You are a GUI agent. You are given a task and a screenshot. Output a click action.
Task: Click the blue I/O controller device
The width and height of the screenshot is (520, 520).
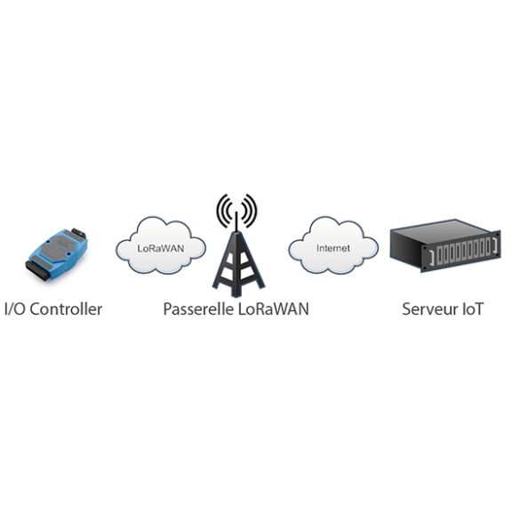56,254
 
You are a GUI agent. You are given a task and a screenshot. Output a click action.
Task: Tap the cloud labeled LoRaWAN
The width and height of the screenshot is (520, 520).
161,245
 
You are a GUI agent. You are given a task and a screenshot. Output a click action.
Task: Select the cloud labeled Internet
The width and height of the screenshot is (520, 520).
333,245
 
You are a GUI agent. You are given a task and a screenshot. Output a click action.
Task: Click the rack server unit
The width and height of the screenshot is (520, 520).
445,245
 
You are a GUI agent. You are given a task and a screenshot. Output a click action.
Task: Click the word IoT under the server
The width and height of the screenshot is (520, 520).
473,309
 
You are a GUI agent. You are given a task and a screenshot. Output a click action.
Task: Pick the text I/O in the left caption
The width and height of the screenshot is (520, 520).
15,309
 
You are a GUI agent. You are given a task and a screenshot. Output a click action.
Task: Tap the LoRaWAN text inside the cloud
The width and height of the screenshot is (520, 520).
161,248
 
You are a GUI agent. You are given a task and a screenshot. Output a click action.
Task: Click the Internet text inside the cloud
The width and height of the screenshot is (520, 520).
333,248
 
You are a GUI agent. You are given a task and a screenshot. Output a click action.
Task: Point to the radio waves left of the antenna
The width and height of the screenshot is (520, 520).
223,210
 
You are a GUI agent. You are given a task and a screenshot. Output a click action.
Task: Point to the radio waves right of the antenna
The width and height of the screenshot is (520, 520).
250,210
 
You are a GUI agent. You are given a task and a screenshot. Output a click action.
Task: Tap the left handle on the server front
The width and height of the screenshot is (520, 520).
431,258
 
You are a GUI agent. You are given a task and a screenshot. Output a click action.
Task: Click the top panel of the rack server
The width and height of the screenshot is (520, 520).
444,230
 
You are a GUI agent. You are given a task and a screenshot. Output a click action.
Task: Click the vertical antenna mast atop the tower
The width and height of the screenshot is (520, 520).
236,222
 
